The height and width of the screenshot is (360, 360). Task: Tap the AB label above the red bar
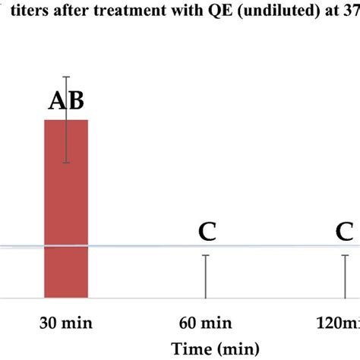pyautogui.click(x=66, y=100)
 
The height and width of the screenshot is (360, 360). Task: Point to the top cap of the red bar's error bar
pyautogui.click(x=66, y=77)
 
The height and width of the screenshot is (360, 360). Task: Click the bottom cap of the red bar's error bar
pyautogui.click(x=66, y=163)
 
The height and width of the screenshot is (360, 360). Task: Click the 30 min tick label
pyautogui.click(x=66, y=324)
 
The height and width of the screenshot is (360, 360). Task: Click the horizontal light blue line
pyautogui.click(x=152, y=246)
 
